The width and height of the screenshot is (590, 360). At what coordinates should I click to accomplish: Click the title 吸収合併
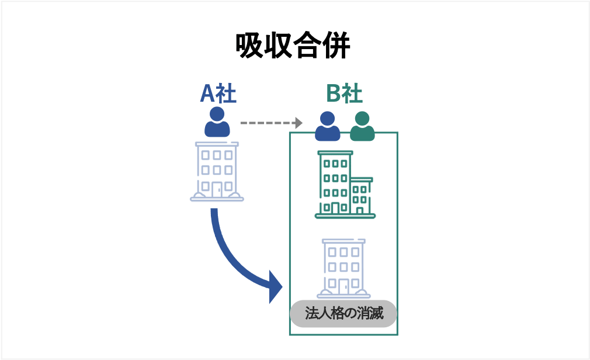[x=293, y=46]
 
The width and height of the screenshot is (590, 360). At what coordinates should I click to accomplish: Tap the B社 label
[x=344, y=94]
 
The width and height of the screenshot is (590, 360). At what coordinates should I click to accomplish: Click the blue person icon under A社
[x=217, y=123]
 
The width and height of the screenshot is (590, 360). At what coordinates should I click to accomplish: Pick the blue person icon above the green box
[x=327, y=127]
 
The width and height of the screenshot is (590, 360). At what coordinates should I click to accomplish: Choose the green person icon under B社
[x=362, y=127]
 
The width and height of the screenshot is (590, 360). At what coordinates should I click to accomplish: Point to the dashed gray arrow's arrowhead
[x=299, y=123]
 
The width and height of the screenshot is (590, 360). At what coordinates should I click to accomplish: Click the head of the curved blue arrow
[x=275, y=286]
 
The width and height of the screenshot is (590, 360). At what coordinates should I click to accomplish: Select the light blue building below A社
[x=217, y=171]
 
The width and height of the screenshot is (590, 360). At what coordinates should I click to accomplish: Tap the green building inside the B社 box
[x=345, y=184]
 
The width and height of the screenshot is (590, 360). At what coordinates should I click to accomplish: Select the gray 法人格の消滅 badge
[x=343, y=313]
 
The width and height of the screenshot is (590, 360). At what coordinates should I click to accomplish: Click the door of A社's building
[x=217, y=188]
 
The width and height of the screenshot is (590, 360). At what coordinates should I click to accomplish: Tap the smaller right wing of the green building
[x=361, y=196]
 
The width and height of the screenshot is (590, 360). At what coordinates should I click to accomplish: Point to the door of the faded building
[x=342, y=286]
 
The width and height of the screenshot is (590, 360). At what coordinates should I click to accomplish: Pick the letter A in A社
[x=207, y=94]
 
